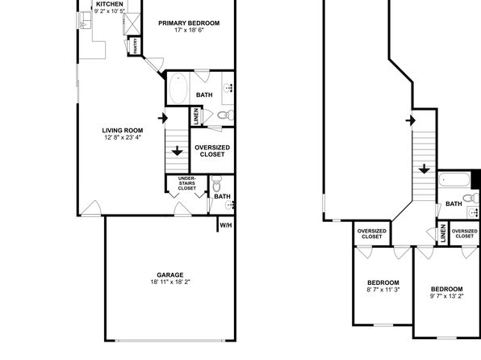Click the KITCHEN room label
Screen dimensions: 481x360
tap(110, 4)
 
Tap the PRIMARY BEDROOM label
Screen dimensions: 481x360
tap(189, 23)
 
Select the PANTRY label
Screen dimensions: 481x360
tap(136, 46)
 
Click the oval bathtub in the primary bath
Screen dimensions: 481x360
tap(178, 89)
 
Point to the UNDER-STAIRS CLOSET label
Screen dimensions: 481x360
tap(186, 183)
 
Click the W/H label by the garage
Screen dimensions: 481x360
tap(226, 225)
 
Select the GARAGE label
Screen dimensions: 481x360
tap(170, 275)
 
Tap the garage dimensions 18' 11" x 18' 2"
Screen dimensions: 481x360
tap(170, 282)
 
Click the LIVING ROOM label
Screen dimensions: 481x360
tap(123, 131)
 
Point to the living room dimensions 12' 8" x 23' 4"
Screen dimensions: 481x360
tap(123, 137)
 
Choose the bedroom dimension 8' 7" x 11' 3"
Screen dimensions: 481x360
tap(383, 290)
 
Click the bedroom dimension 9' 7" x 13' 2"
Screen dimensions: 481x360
tap(446, 296)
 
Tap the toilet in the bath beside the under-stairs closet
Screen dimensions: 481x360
tap(216, 183)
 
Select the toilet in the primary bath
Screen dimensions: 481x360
tap(225, 115)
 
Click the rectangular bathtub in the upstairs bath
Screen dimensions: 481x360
tap(454, 180)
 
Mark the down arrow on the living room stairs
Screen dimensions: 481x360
tap(177, 150)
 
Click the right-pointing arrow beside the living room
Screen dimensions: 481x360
tap(163, 118)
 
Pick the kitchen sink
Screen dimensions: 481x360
tap(86, 20)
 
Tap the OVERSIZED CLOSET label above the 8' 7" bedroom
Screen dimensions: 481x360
tap(372, 234)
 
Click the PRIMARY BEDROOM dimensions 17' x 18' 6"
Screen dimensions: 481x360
tap(189, 30)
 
